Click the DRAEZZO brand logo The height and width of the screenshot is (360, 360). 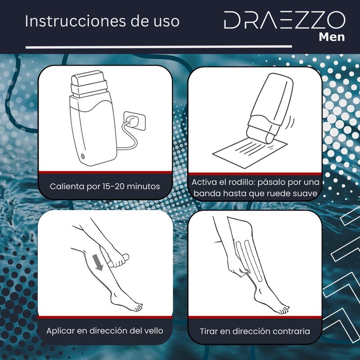285,20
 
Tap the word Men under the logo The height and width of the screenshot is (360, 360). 332,37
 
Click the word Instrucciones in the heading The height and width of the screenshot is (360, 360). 75,21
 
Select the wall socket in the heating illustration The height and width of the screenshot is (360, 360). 134,121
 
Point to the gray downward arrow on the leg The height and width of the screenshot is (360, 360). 98,262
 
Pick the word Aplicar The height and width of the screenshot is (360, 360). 60,331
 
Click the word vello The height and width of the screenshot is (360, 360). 153,331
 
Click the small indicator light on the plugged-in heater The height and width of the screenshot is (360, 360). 83,156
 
